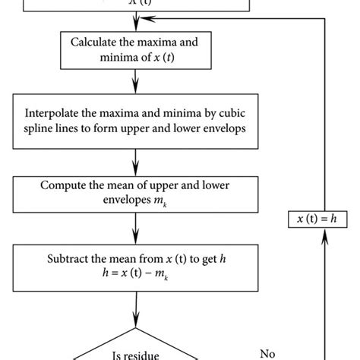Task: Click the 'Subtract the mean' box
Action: tap(136, 264)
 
